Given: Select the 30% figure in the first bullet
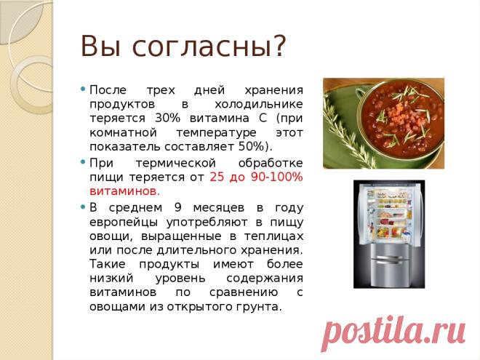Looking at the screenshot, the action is click(x=167, y=118).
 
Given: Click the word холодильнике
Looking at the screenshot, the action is click(x=259, y=104).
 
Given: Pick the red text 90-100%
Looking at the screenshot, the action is click(x=277, y=177).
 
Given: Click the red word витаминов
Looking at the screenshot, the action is click(x=124, y=191).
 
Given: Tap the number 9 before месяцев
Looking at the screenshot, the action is click(x=178, y=207).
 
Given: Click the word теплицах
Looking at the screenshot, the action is click(x=273, y=236).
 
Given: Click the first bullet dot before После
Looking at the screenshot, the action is click(x=83, y=89).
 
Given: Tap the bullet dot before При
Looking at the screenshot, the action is click(x=83, y=162).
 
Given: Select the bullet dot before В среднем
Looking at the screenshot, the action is click(x=83, y=207).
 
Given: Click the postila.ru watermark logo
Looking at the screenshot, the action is click(x=393, y=332).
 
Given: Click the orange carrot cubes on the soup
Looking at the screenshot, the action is click(x=398, y=114).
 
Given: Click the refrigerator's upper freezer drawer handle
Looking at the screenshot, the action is click(x=389, y=257).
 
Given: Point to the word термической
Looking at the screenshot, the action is click(x=176, y=163).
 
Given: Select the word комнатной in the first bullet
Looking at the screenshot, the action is click(x=123, y=133).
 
